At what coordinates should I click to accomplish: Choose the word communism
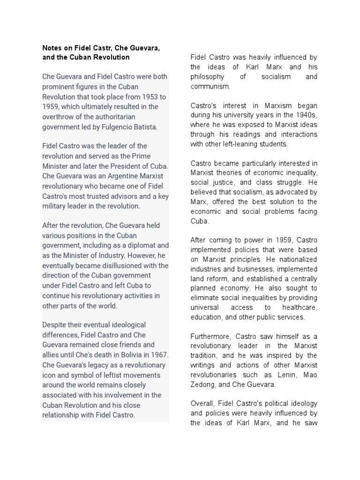tap(210, 86)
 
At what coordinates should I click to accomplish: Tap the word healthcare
tap(300, 307)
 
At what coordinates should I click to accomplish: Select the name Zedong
tap(203, 384)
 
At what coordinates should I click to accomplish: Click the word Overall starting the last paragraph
tap(203, 404)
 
